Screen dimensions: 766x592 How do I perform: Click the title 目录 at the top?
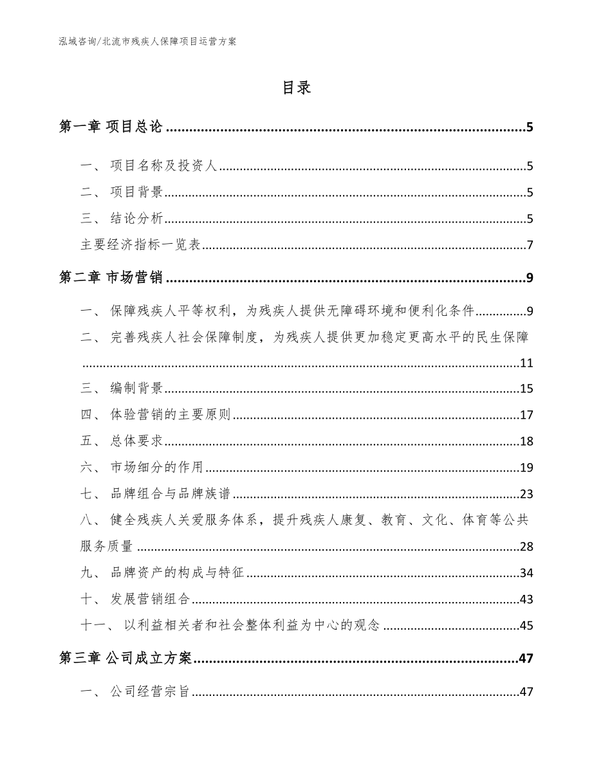[297, 88]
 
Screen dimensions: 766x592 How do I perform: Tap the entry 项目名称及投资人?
[165, 166]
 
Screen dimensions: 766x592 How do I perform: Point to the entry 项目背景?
[136, 192]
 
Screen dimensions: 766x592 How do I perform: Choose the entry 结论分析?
[136, 219]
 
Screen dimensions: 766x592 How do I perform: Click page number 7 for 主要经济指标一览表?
[529, 245]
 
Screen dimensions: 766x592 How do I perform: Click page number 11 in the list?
[526, 363]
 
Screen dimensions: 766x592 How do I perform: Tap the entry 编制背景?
[136, 388]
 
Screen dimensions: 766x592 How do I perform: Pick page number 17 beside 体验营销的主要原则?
[526, 415]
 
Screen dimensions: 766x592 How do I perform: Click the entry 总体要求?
[136, 441]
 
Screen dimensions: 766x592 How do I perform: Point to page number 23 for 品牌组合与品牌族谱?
[526, 494]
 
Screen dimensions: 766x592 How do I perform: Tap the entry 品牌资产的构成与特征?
[177, 572]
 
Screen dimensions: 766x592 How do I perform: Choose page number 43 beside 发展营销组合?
[526, 599]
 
